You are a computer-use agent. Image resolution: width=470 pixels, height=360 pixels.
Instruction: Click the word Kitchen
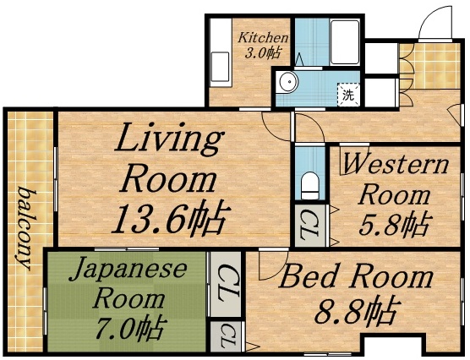(263, 38)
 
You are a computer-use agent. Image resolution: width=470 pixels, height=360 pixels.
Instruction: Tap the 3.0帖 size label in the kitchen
(263, 53)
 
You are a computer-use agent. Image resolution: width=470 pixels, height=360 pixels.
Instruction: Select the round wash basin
(288, 82)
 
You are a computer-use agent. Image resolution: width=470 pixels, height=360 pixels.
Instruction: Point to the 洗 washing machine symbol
(348, 94)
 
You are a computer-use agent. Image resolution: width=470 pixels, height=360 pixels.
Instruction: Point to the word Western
(396, 164)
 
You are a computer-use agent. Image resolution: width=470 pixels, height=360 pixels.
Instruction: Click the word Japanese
(127, 270)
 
